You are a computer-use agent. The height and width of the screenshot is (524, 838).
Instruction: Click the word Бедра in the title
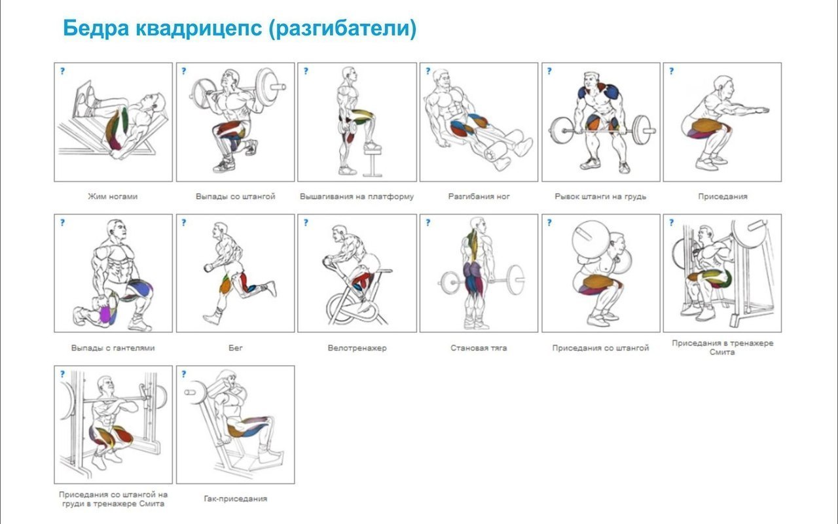coord(96,28)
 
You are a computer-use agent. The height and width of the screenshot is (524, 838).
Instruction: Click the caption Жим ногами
coord(113,197)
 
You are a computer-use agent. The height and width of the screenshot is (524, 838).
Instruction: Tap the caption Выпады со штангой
coord(235,196)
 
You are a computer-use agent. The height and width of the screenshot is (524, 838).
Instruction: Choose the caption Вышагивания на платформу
coord(357,196)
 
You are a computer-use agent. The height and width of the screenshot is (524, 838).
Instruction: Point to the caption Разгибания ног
coord(479,196)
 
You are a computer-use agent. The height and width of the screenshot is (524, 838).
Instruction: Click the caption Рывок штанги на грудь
coord(600,196)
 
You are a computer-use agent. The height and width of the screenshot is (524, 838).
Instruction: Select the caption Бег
coord(235,347)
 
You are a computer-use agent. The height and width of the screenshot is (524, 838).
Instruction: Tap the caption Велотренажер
coord(357,348)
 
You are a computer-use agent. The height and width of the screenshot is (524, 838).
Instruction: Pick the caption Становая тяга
coord(479,348)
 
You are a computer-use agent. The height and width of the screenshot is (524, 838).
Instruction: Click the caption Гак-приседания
coord(235,498)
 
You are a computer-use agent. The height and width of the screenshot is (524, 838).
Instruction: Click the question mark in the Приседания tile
coord(672,71)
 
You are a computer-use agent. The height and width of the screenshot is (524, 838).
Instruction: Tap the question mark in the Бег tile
coord(184,222)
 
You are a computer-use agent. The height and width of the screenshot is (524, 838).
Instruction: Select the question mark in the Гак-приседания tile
coord(184,374)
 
